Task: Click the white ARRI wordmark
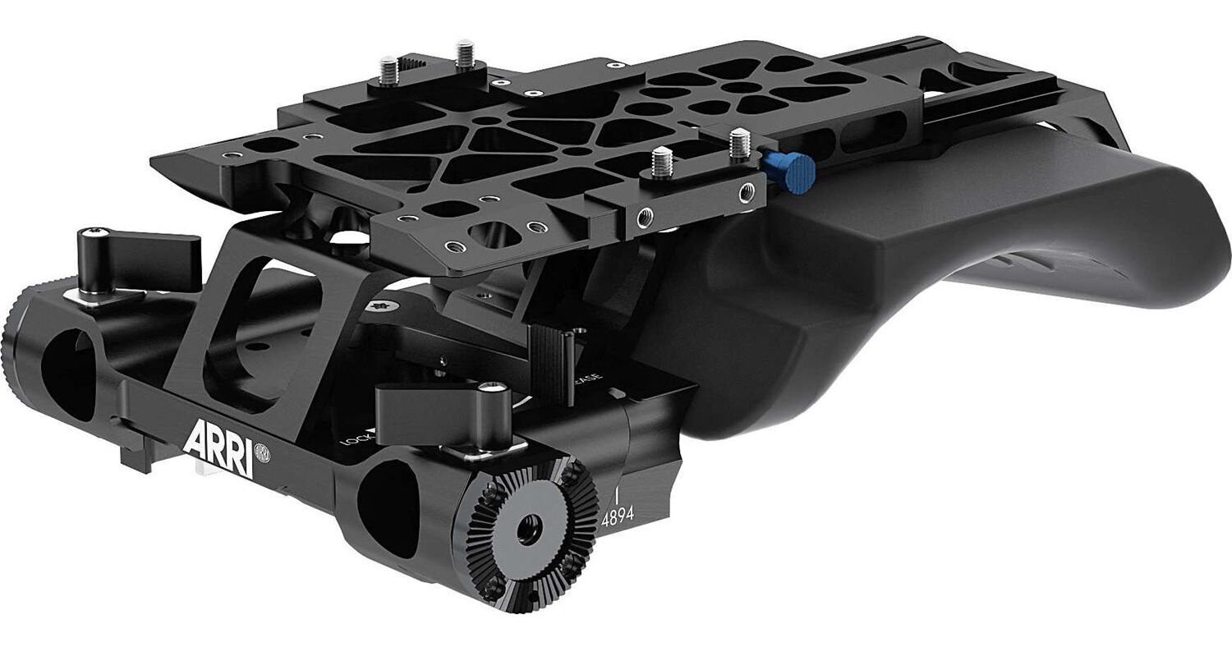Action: [217, 442]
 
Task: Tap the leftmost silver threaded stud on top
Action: [389, 69]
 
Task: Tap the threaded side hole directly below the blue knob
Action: [745, 194]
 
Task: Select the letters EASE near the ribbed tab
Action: [590, 383]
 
